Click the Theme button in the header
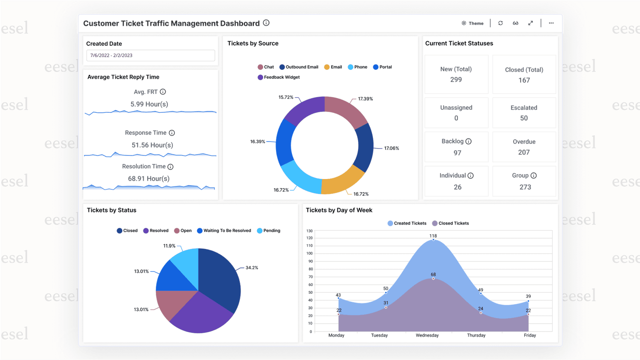(472, 23)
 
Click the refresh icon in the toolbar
(501, 23)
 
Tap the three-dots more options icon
(551, 23)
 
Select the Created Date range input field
(150, 55)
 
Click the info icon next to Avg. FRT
(163, 92)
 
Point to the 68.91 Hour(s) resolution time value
(149, 179)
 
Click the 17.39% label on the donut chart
(365, 99)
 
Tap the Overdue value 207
(524, 152)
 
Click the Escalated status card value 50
(524, 118)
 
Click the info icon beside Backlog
(469, 141)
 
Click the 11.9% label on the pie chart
(169, 246)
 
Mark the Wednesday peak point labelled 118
(433, 240)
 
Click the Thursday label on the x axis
(476, 335)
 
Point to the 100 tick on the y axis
(309, 253)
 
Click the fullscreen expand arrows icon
(530, 23)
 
